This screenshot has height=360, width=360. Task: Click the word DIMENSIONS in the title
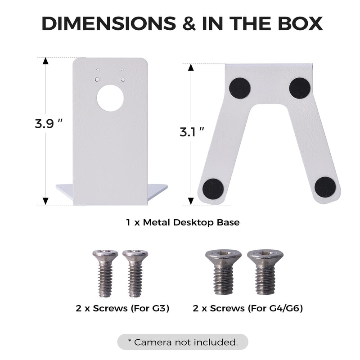click(x=108, y=23)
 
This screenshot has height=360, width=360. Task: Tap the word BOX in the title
click(x=300, y=23)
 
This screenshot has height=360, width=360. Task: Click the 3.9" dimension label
click(x=49, y=124)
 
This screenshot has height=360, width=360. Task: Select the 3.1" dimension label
click(x=192, y=132)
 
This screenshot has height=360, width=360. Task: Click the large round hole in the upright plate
click(x=110, y=98)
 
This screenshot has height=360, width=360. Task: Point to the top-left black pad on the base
click(x=240, y=88)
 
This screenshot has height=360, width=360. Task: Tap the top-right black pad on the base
click(x=300, y=88)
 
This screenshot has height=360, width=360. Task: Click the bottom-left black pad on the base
click(x=213, y=189)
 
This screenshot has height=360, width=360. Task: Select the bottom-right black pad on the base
click(x=325, y=187)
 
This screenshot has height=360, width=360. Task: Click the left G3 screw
click(x=105, y=273)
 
